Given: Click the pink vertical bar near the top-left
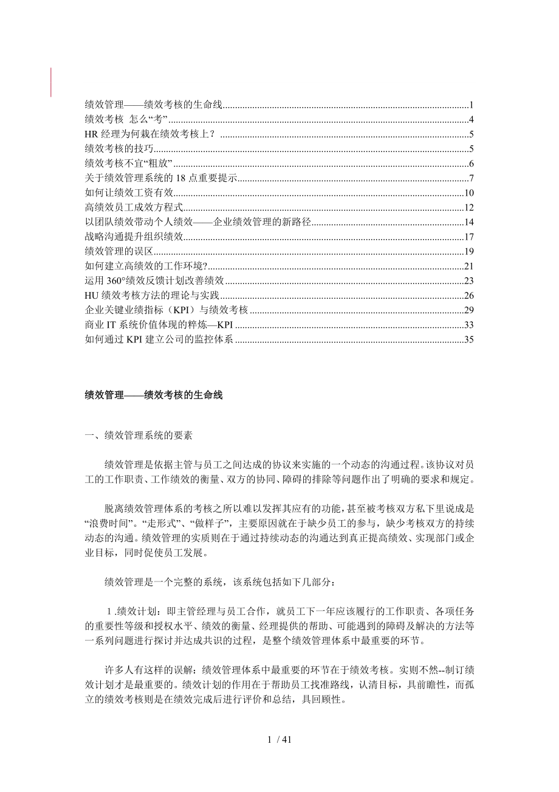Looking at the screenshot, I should point(51,82).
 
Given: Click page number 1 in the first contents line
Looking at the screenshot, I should point(471,104).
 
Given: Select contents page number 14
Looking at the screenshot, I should point(468,222).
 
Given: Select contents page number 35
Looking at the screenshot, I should point(468,339).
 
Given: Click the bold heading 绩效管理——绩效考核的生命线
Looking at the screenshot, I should point(154,395).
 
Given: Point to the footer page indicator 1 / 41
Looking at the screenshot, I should point(279,740).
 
